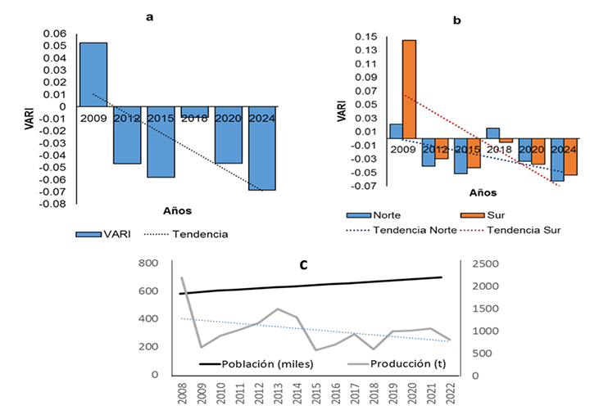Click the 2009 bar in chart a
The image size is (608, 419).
(x=93, y=74)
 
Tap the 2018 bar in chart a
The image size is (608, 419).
(x=194, y=112)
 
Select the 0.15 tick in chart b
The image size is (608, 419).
(x=368, y=37)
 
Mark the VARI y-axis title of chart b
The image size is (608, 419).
(x=343, y=110)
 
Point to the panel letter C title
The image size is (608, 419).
(x=304, y=265)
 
